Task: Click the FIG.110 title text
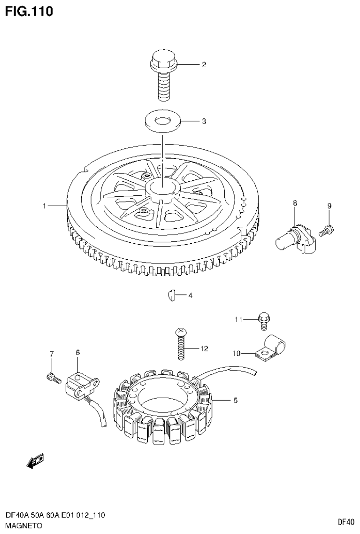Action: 29,11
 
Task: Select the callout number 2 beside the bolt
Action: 204,65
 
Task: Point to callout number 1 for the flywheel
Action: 44,206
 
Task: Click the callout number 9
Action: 329,206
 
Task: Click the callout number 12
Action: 204,348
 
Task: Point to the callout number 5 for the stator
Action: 235,401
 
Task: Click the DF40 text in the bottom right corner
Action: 346,521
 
